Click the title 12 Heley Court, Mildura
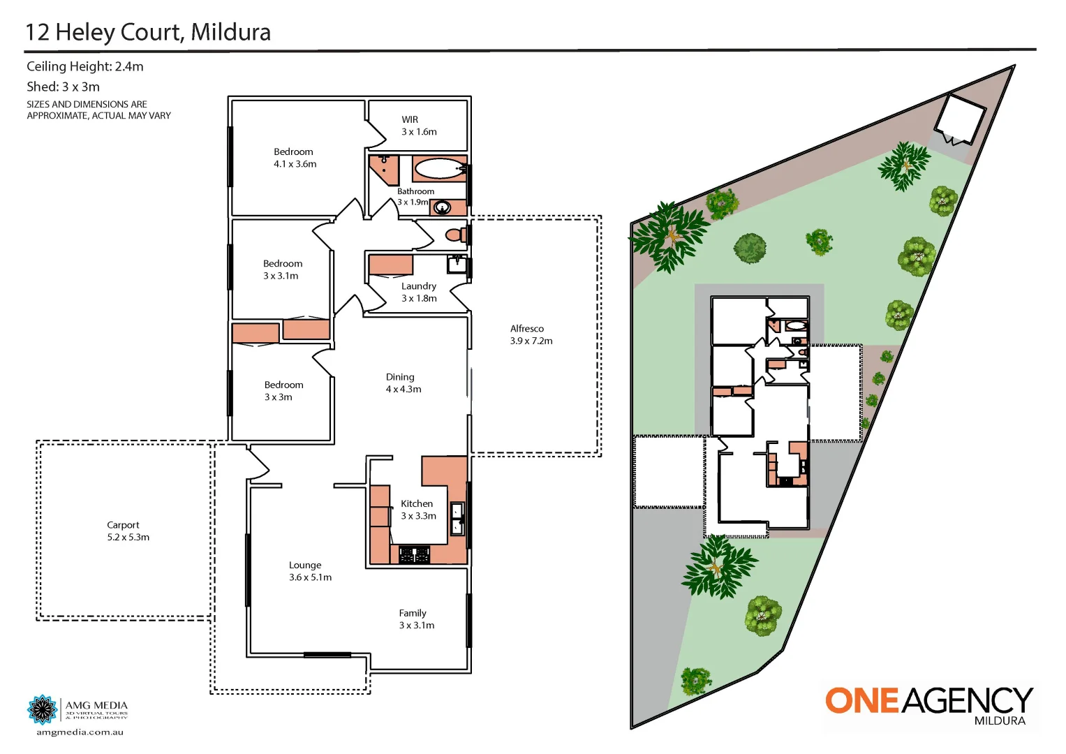click(148, 32)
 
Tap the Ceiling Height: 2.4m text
click(84, 66)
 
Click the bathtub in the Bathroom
click(439, 168)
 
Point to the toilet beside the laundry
click(457, 234)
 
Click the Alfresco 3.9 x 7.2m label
click(531, 334)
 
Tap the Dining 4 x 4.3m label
click(403, 383)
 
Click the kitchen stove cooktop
click(414, 555)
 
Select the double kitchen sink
click(457, 519)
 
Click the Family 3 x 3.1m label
click(416, 619)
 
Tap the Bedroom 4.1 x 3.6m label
click(295, 158)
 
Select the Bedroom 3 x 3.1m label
click(283, 269)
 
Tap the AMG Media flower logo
click(42, 709)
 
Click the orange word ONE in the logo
click(862, 701)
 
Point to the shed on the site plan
click(959, 117)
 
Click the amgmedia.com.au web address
click(80, 732)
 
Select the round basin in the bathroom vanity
click(441, 207)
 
